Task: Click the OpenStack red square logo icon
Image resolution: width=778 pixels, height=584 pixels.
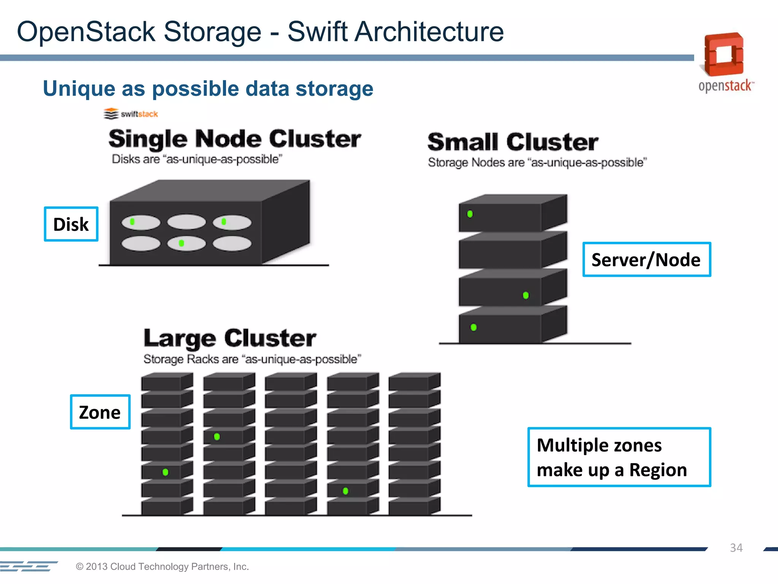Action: tap(724, 54)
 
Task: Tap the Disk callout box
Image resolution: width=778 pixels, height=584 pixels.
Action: tap(71, 224)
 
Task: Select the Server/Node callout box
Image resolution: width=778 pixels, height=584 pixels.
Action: tap(646, 260)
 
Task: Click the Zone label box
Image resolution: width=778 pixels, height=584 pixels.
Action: tap(100, 412)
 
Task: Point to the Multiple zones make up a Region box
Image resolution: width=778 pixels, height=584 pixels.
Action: tap(619, 457)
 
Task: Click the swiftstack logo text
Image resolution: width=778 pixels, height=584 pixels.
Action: tap(139, 114)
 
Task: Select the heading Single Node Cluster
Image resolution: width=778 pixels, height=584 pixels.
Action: tap(234, 139)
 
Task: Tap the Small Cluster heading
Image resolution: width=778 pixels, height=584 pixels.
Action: tap(512, 142)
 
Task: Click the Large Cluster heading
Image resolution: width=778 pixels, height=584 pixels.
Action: tap(229, 338)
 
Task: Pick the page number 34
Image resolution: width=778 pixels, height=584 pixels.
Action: tap(736, 548)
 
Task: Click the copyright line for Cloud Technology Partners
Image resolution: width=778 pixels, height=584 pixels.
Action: tap(162, 567)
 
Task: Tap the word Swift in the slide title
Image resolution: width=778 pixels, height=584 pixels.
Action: tap(317, 32)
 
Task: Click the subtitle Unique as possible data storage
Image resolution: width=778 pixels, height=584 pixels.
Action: tap(208, 89)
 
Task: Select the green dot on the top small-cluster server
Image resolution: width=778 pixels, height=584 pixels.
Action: tap(470, 214)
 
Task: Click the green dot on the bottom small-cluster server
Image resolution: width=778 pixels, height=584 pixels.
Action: tap(473, 327)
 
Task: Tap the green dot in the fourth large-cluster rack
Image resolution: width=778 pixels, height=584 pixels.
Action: tap(345, 491)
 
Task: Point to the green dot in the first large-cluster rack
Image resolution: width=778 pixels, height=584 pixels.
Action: tap(165, 472)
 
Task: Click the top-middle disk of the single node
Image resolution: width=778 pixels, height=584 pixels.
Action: tap(186, 222)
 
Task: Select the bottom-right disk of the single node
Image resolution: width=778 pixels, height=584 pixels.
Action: tap(232, 243)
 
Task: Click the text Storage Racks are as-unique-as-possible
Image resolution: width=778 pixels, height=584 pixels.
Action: tap(252, 359)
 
